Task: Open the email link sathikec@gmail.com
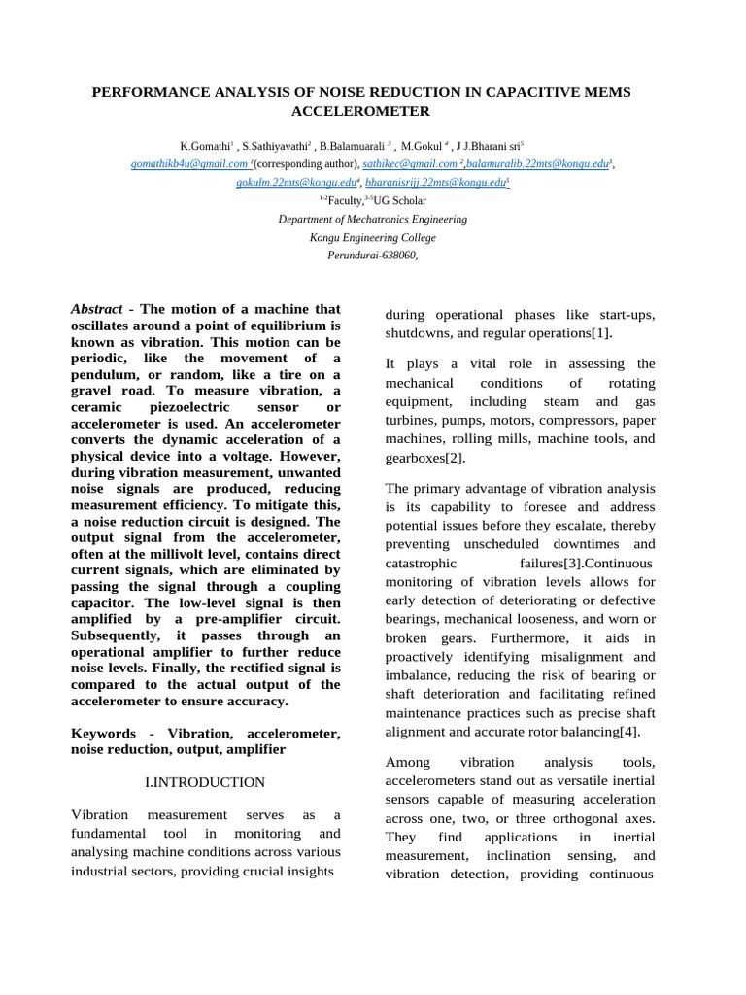410,164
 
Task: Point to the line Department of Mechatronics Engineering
373,220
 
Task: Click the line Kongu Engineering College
373,238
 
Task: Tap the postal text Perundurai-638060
372,256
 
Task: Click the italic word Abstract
96,308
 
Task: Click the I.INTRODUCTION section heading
205,782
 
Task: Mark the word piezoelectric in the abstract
195,407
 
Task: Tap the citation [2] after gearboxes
453,458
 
